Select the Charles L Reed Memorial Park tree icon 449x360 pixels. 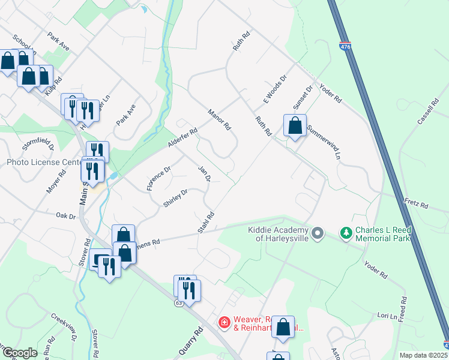(x=346, y=232)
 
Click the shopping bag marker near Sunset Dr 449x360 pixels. (x=295, y=127)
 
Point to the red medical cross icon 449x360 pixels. (x=224, y=323)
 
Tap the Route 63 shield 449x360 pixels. (x=179, y=303)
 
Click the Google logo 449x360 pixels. (x=20, y=353)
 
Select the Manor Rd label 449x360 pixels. (x=220, y=119)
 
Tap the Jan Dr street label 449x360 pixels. (x=205, y=174)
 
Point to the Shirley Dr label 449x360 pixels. (x=175, y=199)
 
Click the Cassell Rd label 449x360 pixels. (x=427, y=112)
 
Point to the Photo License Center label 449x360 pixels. (x=43, y=163)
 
